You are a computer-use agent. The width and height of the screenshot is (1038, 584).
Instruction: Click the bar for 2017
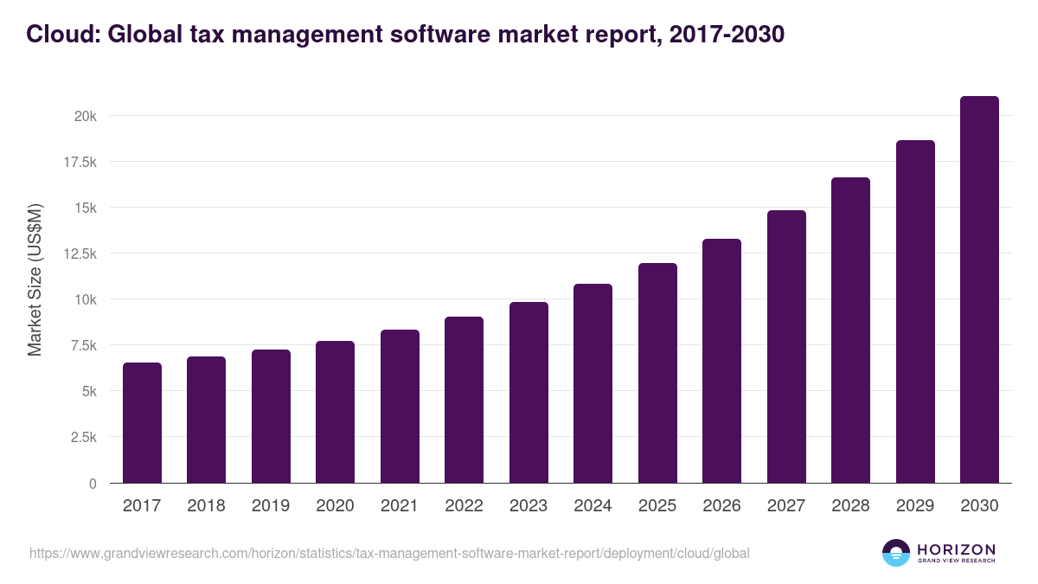click(x=142, y=423)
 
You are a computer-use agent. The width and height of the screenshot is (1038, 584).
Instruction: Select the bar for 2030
click(x=979, y=290)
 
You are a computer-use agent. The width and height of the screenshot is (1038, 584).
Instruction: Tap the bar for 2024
click(x=593, y=383)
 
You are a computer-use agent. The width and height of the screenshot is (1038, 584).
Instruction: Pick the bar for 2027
click(x=786, y=347)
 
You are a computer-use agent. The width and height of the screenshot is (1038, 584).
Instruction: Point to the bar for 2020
click(x=335, y=412)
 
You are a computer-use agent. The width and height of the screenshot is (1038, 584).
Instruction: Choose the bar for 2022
click(x=464, y=400)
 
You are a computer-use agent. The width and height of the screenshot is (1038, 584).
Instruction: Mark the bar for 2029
click(x=915, y=311)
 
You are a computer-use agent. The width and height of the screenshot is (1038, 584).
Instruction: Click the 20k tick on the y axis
click(x=85, y=116)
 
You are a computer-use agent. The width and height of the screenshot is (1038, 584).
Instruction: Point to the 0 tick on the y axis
click(x=92, y=484)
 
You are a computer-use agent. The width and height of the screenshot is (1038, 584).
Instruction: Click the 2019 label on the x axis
click(x=271, y=506)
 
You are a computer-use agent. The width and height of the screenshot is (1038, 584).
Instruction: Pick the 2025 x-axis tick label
click(x=657, y=506)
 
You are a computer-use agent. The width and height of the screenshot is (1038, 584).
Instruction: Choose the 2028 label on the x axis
click(x=850, y=506)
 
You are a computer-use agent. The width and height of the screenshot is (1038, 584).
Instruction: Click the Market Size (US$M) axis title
click(x=35, y=279)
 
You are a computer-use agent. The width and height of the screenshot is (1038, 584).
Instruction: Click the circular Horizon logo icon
click(x=896, y=553)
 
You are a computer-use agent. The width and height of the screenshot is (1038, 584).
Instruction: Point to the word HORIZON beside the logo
click(x=956, y=549)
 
